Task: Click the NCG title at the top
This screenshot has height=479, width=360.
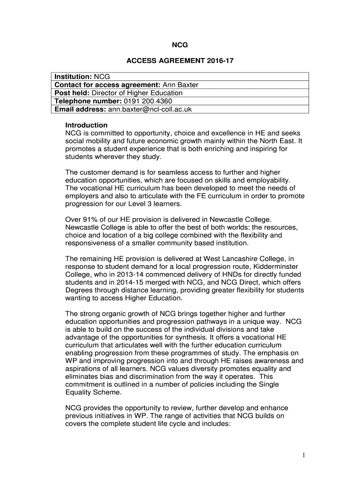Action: point(180,45)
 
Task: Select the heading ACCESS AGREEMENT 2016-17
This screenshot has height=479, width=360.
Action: point(180,61)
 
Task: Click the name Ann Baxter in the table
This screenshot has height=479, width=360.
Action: point(180,85)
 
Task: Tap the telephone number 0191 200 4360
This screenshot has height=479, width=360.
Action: point(147,101)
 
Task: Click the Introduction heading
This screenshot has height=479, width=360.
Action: point(86,125)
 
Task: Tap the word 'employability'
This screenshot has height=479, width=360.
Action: point(268,181)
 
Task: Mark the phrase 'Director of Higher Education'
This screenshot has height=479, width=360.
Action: point(138,93)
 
